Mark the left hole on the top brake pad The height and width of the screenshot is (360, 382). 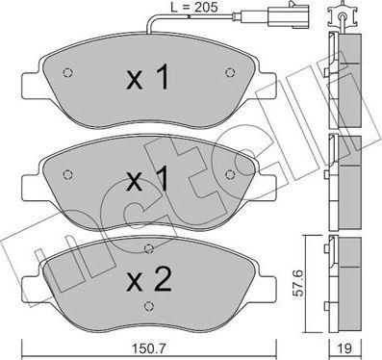click(x=65, y=73)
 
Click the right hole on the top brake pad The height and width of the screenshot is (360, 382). click(x=230, y=73)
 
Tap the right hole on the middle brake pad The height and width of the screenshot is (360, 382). click(x=229, y=172)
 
